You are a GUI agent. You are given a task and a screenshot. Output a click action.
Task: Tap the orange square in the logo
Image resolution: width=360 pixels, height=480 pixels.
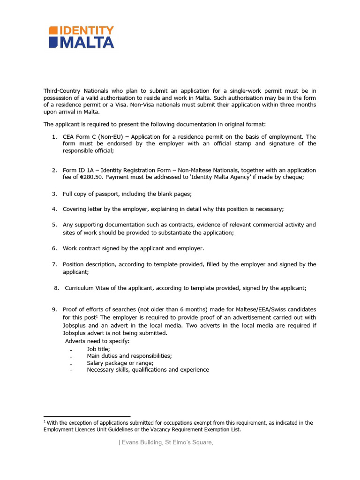[x=53, y=30]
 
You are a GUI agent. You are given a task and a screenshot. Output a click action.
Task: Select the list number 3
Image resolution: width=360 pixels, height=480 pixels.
[x=54, y=194]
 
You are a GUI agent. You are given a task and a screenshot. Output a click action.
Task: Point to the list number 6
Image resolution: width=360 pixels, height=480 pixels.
[x=54, y=248]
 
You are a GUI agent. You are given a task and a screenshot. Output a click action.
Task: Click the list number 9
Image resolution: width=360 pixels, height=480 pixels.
[x=54, y=309]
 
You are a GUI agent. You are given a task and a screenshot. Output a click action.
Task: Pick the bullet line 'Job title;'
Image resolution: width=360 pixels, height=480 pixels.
[x=98, y=349]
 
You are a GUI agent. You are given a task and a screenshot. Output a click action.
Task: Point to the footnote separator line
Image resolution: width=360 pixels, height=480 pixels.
[x=87, y=416]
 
